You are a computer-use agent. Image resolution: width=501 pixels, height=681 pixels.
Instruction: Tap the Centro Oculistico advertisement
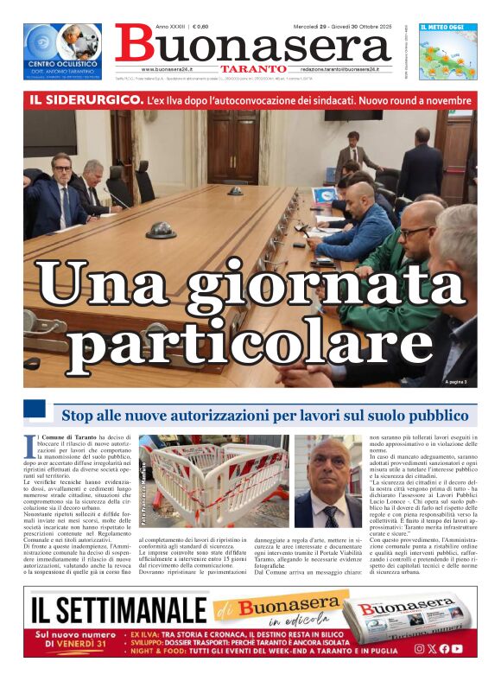click(x=62, y=53)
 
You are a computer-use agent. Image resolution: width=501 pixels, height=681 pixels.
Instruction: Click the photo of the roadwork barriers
click(x=213, y=480)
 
